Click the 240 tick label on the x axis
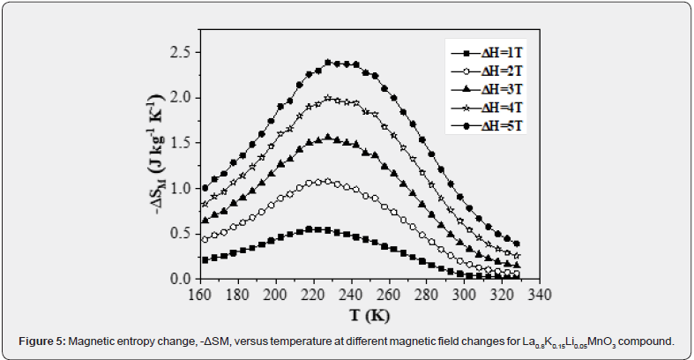coord(353,295)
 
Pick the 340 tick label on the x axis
coord(540,295)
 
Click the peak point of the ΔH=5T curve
coord(328,62)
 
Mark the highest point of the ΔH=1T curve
coord(310,229)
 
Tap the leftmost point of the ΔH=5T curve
coord(205,188)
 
